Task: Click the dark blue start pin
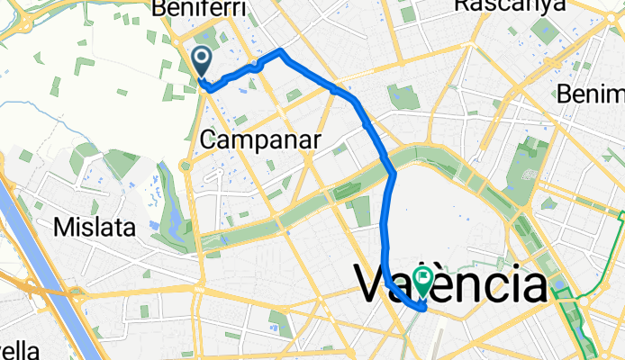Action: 201,61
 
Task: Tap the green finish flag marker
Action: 421,280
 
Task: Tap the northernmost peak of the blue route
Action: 282,50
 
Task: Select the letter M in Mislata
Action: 61,226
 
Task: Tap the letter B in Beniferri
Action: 160,8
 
